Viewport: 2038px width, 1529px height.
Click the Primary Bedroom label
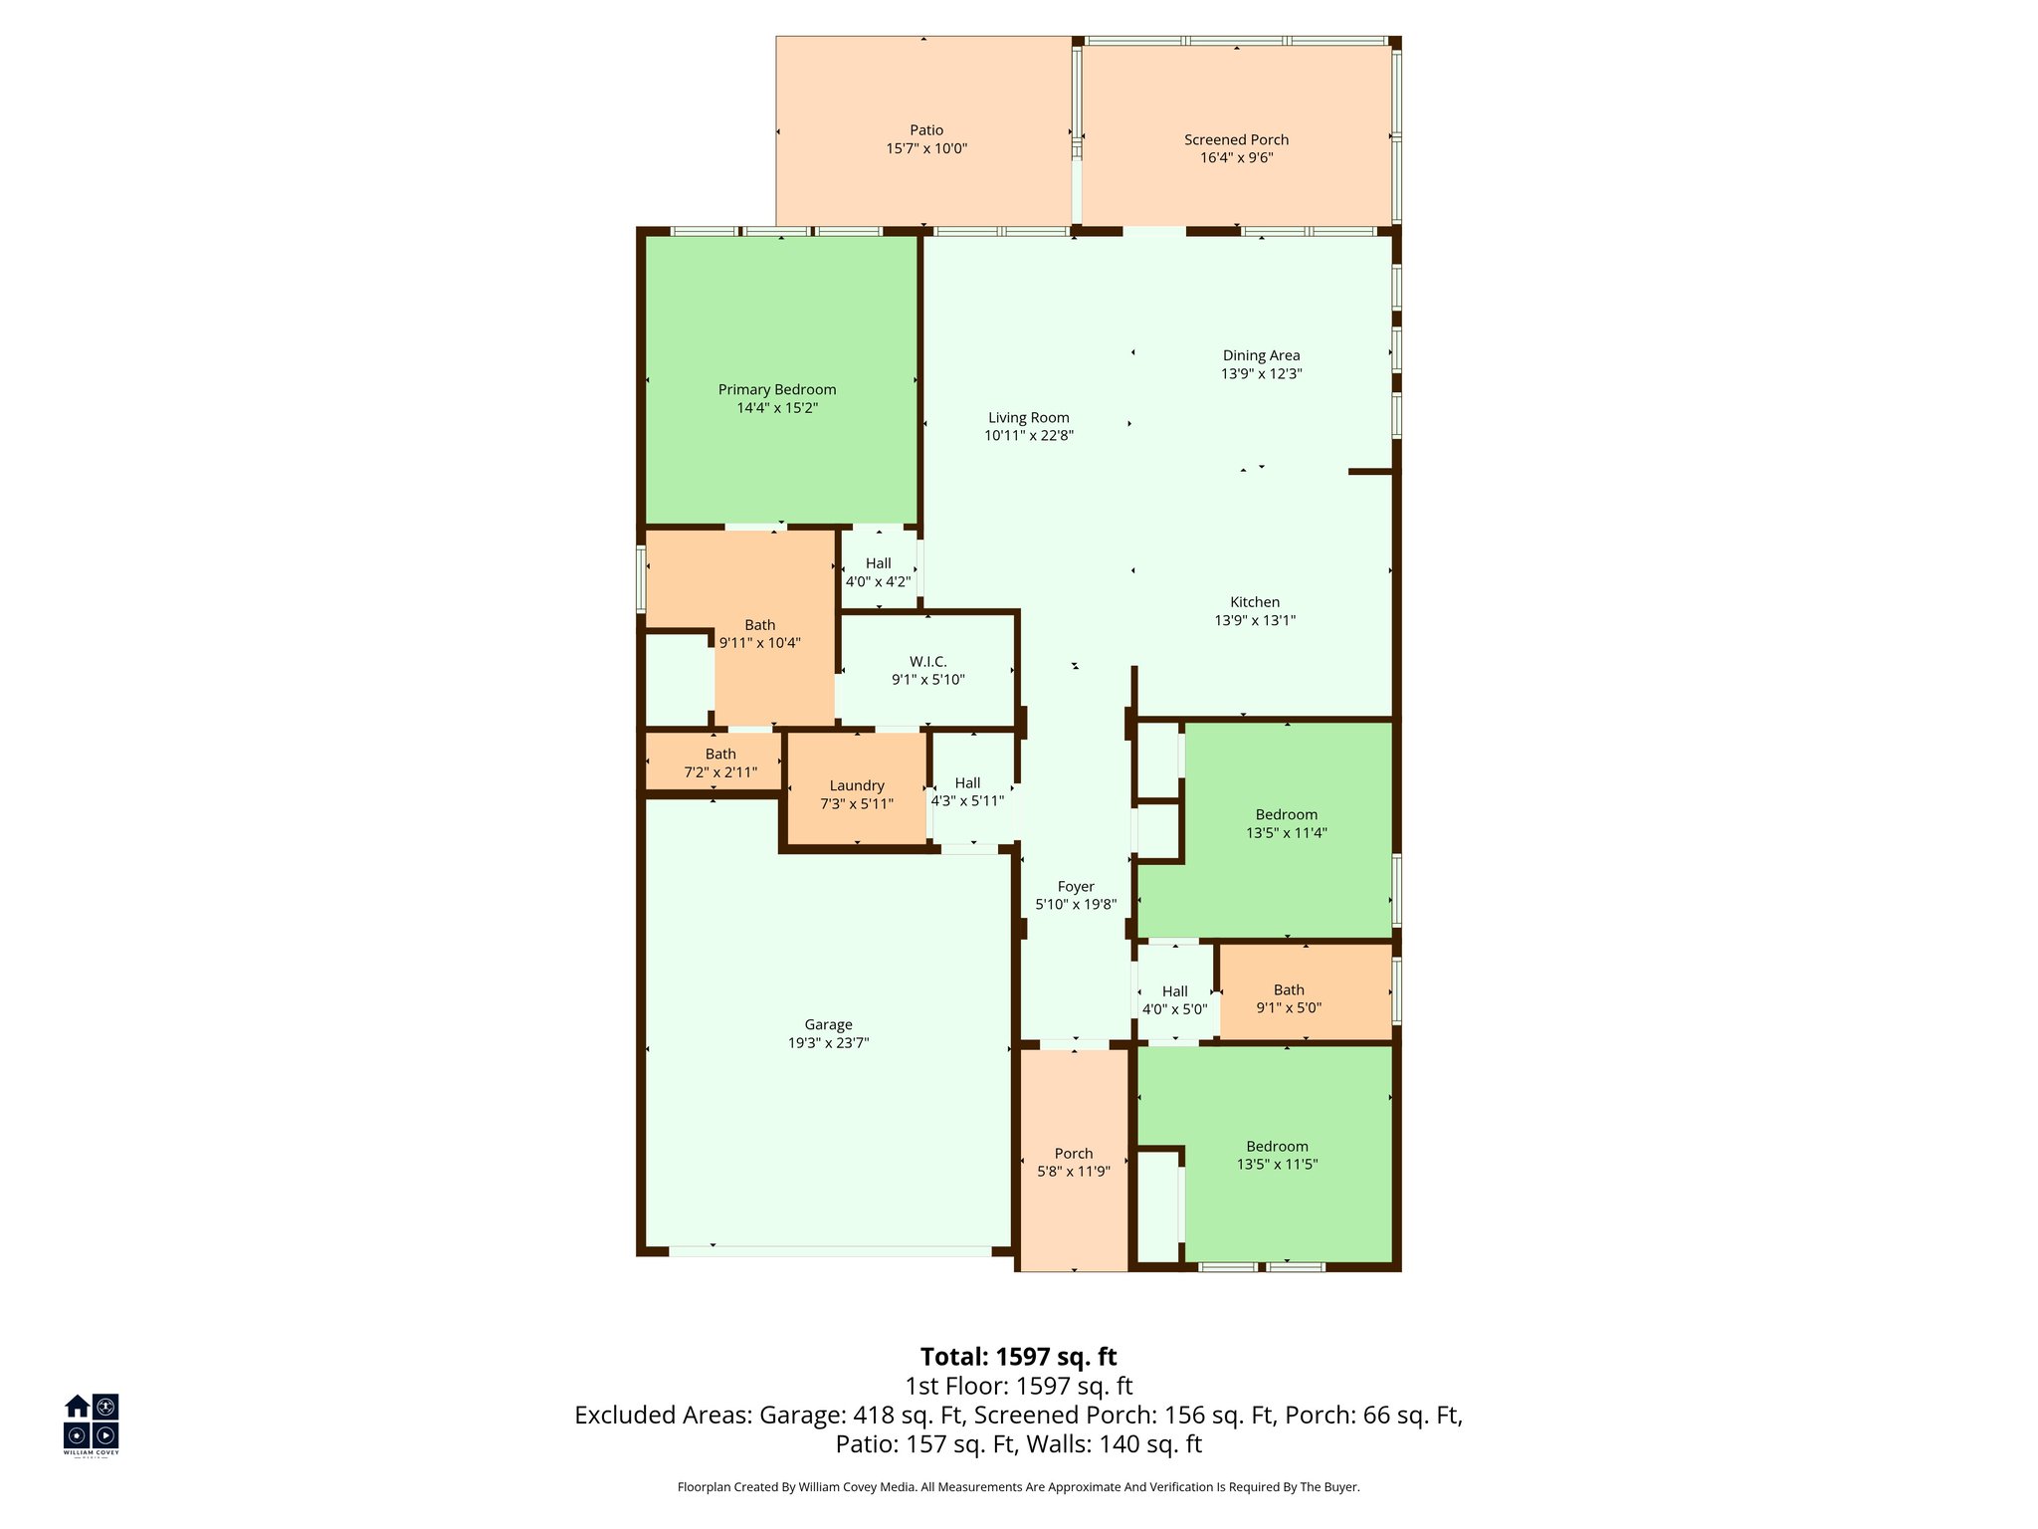[777, 389]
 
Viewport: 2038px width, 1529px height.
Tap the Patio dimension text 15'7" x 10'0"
[926, 148]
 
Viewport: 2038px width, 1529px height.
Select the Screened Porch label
[1236, 140]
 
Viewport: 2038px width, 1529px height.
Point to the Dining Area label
[1261, 355]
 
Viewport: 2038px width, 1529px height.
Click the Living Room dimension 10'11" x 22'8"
[1029, 435]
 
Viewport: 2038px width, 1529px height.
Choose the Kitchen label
[1255, 602]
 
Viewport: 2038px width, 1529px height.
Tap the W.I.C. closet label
[927, 662]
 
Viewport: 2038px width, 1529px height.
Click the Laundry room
[857, 793]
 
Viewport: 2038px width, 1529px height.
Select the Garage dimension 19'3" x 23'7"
[828, 1043]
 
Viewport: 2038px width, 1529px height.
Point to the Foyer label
[1076, 887]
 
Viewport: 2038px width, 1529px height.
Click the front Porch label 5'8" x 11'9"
[1074, 1162]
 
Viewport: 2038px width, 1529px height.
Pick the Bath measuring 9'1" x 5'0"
[1289, 998]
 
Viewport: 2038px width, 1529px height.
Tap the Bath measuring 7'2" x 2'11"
[720, 763]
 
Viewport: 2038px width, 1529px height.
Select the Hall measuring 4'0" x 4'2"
[878, 571]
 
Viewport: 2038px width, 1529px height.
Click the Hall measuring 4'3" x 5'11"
[967, 791]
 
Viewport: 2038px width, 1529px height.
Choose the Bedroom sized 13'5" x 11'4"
[1286, 823]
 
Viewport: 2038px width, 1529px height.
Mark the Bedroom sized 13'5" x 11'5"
[1277, 1155]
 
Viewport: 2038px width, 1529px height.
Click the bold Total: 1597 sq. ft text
[1018, 1357]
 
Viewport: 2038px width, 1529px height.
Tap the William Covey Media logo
[92, 1423]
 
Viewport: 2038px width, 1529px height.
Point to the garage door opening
[830, 1251]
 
